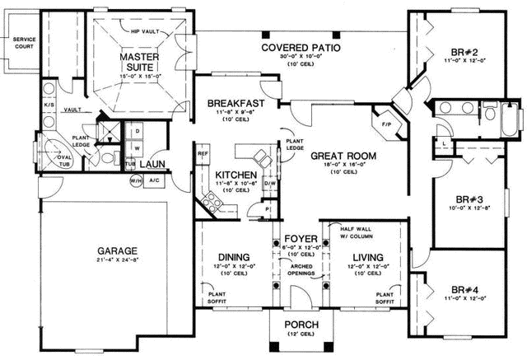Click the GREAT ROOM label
click(x=343, y=155)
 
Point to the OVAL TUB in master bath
click(x=64, y=156)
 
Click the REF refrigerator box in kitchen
click(x=203, y=152)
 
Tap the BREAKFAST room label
click(x=236, y=103)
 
